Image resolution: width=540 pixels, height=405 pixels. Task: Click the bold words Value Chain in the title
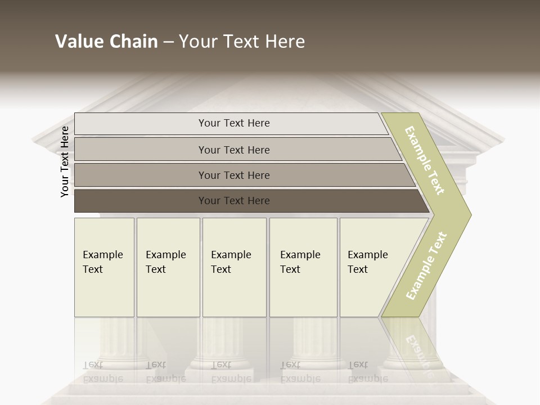tap(106, 42)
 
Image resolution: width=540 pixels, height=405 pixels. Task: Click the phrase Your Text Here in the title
tap(242, 42)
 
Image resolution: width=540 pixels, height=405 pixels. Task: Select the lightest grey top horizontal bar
tap(141, 124)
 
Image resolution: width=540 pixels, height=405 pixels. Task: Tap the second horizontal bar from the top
tap(141, 150)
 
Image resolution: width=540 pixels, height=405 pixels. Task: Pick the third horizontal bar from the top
tap(141, 175)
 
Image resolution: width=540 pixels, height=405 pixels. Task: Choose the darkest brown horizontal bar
tap(141, 201)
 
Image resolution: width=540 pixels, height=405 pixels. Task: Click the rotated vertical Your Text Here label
tap(65, 161)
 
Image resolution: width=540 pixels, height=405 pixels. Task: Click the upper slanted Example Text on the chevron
tap(425, 161)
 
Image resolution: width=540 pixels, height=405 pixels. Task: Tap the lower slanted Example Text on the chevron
tap(426, 266)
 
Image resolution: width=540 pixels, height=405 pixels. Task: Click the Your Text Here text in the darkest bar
tap(234, 201)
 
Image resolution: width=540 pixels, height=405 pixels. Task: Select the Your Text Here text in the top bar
tap(234, 123)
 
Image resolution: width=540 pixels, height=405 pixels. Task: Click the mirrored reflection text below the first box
tap(102, 372)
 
